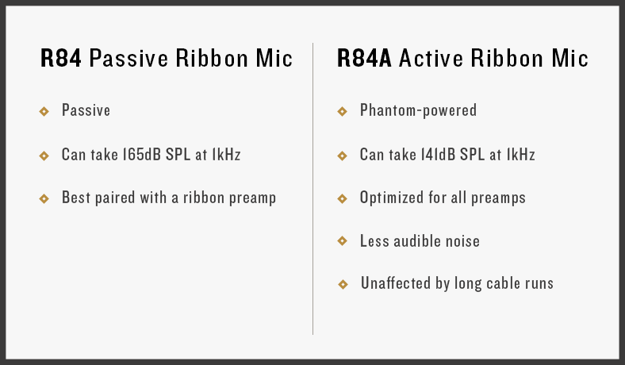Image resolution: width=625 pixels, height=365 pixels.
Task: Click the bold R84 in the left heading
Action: point(60,59)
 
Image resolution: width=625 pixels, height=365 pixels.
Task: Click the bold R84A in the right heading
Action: point(364,59)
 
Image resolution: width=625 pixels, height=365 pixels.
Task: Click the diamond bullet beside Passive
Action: point(44,111)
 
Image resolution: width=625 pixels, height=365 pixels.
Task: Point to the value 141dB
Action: point(440,155)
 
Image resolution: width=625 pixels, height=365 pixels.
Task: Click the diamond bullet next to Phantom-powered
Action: point(342,111)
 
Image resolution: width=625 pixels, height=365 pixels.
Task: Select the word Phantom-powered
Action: point(418,110)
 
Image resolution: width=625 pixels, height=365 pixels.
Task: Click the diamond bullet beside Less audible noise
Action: point(342,240)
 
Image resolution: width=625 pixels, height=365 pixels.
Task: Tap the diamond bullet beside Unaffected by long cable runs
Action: point(342,283)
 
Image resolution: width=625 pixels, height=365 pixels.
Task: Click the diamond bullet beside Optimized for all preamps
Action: point(342,198)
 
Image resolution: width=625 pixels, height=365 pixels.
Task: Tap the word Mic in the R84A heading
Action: point(572,59)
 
